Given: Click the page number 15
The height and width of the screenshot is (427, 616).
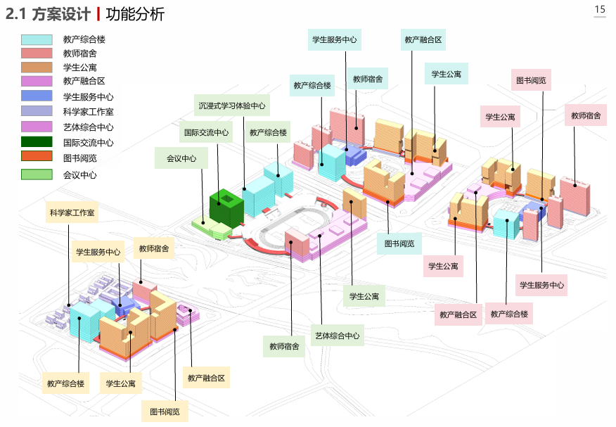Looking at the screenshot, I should (x=600, y=9).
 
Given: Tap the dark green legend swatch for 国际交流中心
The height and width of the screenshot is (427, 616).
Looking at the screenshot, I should (x=37, y=143).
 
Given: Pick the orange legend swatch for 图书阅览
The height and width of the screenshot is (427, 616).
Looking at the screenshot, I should (x=37, y=157).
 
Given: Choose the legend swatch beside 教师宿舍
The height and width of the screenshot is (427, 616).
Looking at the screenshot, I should (x=37, y=53).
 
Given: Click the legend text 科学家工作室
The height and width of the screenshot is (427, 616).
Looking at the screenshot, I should (x=88, y=112).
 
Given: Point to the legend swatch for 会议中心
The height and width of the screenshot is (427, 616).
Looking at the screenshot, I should (x=37, y=175).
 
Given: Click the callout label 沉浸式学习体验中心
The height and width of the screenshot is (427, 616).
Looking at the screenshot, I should (x=231, y=106).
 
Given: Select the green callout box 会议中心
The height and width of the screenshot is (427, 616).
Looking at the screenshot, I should (x=181, y=158).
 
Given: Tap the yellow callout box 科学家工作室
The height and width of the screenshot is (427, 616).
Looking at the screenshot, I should (x=72, y=212).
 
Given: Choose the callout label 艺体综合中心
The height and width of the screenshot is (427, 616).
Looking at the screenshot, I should (x=337, y=336).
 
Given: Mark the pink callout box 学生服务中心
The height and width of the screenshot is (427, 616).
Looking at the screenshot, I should (x=541, y=285).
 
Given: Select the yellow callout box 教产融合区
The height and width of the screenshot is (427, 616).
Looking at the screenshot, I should (x=206, y=378).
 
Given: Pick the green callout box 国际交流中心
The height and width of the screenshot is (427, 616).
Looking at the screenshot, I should (x=206, y=132).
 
